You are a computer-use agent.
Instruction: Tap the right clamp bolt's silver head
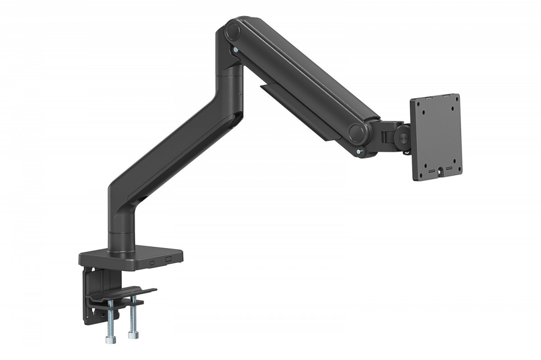(x=132, y=336)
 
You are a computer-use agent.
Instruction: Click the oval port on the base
(x=152, y=261)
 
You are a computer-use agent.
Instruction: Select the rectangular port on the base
(x=168, y=260)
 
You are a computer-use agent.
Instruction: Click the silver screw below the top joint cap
(x=235, y=51)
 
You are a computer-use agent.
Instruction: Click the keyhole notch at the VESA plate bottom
(x=440, y=172)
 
